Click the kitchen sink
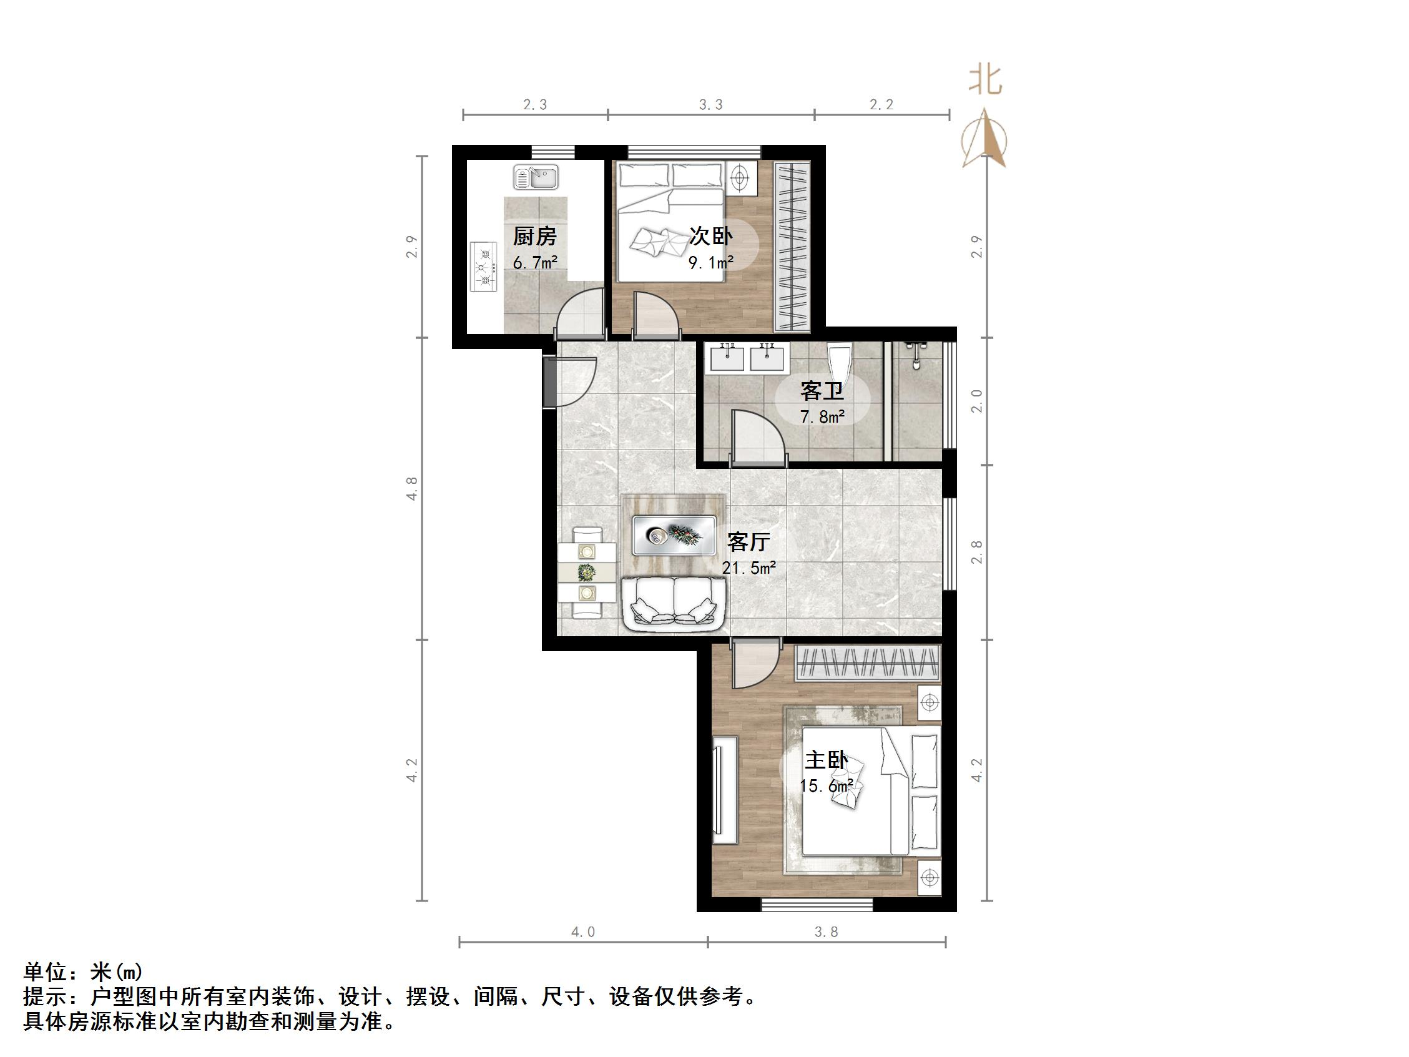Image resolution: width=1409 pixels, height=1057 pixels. tap(536, 177)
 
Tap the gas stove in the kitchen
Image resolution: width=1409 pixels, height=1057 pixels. tap(484, 267)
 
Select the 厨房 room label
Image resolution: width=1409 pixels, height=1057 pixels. tap(534, 237)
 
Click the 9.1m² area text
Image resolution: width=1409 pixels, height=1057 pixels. tap(711, 261)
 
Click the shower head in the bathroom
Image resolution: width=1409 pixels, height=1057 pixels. tap(916, 354)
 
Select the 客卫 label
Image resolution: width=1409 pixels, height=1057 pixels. tap(822, 390)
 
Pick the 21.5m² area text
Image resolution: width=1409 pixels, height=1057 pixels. tap(749, 568)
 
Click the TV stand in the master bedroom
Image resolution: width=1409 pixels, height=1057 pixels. tap(725, 790)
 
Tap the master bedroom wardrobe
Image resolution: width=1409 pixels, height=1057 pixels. tap(868, 662)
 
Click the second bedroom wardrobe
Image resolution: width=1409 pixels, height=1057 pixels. tap(792, 246)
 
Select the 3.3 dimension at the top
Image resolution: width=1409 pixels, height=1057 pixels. tap(711, 104)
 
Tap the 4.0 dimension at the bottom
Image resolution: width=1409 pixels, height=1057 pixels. tap(583, 932)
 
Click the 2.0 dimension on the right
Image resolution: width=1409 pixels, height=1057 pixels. tap(976, 401)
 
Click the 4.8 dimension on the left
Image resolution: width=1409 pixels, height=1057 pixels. tap(412, 488)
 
